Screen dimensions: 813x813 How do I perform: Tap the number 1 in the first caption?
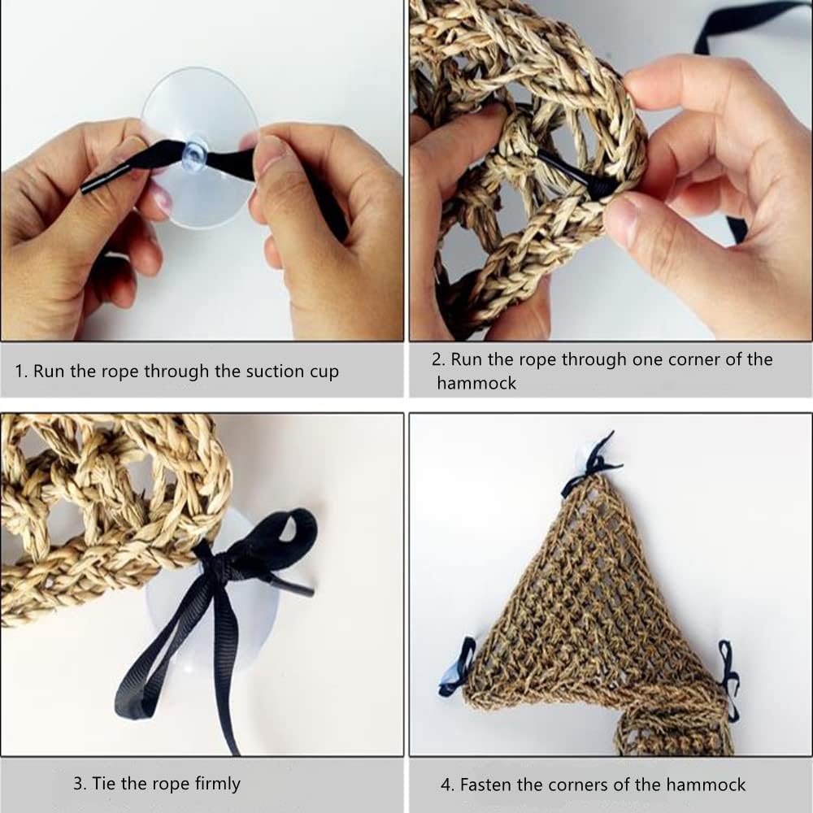click(x=20, y=372)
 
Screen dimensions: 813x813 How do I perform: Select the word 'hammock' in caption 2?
click(x=476, y=383)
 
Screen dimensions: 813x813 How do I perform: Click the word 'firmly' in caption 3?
click(x=217, y=784)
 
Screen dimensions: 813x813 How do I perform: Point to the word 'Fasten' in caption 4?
click(x=485, y=785)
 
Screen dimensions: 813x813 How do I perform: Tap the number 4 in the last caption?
click(x=446, y=785)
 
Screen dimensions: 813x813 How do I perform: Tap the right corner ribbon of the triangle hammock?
click(x=728, y=678)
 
